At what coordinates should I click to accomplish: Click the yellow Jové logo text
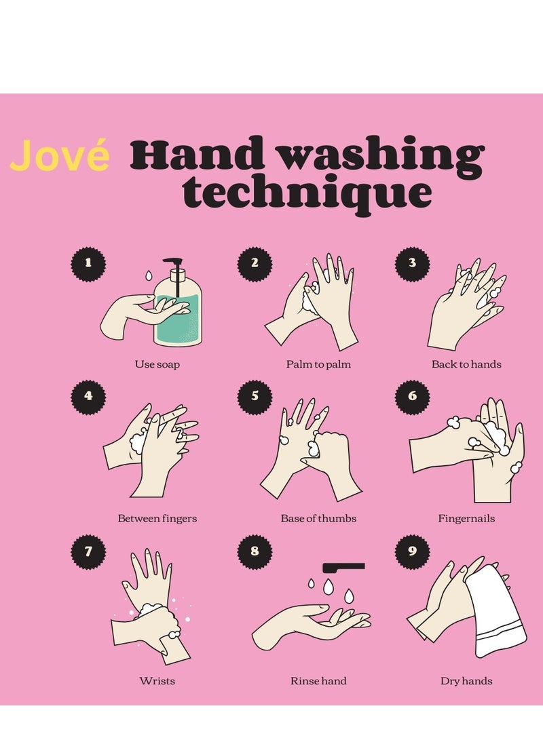pyautogui.click(x=60, y=156)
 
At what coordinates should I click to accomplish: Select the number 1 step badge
pyautogui.click(x=88, y=262)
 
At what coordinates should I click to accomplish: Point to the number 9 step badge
pyautogui.click(x=412, y=551)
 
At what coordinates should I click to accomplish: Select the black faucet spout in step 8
pyautogui.click(x=344, y=566)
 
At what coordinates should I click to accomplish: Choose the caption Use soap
pyautogui.click(x=157, y=364)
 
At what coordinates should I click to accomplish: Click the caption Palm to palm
pyautogui.click(x=318, y=364)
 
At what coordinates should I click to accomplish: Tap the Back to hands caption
pyautogui.click(x=466, y=364)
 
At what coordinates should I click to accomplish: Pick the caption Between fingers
pyautogui.click(x=157, y=518)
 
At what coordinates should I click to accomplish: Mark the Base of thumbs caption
pyautogui.click(x=318, y=518)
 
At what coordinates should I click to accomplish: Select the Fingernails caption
pyautogui.click(x=466, y=518)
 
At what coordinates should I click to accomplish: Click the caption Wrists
pyautogui.click(x=157, y=680)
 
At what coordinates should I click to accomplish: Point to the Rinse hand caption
pyautogui.click(x=318, y=680)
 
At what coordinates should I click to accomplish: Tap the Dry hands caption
pyautogui.click(x=466, y=680)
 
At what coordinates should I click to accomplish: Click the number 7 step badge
pyautogui.click(x=88, y=551)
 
